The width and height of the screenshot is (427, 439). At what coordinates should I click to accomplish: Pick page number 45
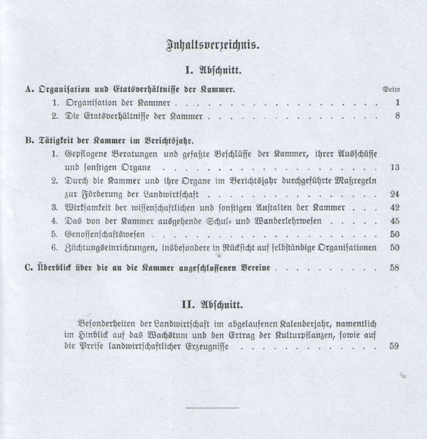(x=396, y=221)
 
